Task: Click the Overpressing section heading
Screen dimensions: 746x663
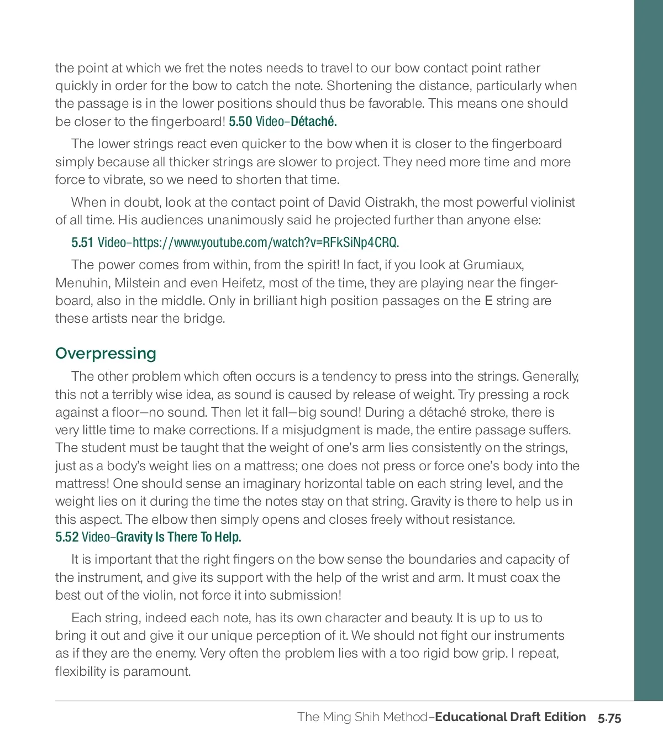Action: tap(106, 354)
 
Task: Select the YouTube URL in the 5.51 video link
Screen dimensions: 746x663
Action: tap(266, 243)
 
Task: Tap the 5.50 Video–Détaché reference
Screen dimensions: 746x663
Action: tap(283, 122)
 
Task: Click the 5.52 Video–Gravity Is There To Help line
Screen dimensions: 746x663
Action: tap(148, 537)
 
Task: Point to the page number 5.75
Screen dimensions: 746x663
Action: tap(609, 718)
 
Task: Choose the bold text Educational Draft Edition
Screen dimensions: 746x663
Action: tap(511, 717)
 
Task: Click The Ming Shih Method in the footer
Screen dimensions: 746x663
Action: tap(362, 717)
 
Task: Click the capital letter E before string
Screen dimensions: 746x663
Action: tap(488, 301)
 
